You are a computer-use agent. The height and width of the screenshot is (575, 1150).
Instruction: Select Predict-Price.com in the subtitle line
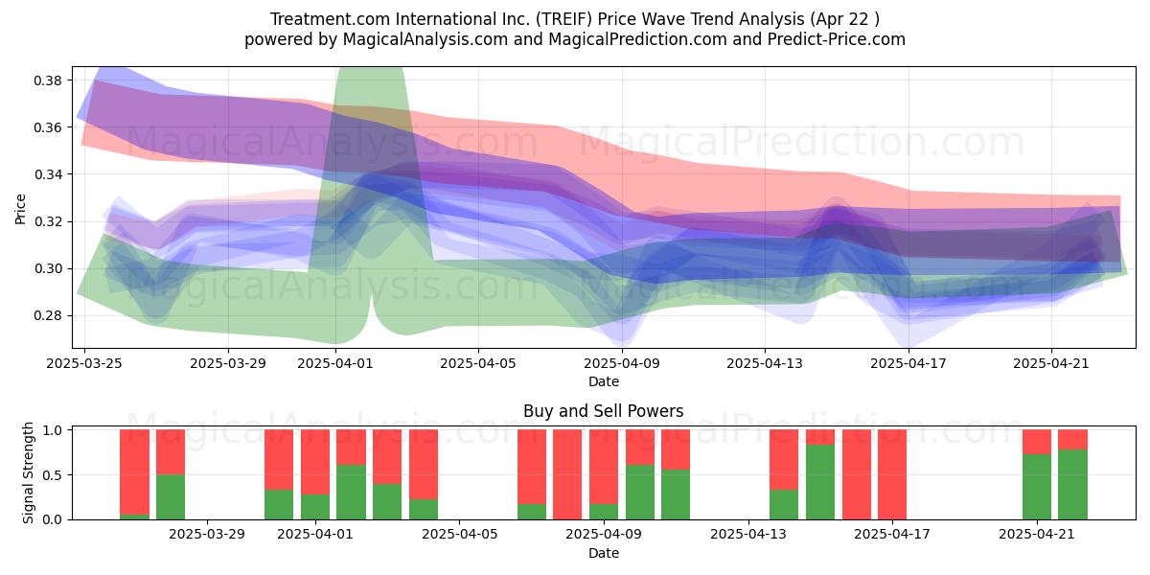point(837,39)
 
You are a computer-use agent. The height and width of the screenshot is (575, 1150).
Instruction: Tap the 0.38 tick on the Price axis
point(48,80)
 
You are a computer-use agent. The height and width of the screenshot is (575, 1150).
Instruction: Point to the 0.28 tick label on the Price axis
point(48,315)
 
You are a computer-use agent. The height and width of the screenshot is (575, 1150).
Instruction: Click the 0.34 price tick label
point(48,174)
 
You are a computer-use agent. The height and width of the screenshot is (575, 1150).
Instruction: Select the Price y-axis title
point(20,210)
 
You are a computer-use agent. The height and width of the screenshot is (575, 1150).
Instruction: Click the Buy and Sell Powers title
point(603,411)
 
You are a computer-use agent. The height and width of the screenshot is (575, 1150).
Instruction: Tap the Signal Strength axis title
point(28,472)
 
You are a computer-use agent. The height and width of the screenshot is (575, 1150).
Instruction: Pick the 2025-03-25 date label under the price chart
point(84,363)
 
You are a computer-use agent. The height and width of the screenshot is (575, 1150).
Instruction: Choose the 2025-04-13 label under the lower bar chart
point(748,535)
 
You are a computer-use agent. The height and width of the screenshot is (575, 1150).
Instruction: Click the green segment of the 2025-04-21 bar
point(1037,487)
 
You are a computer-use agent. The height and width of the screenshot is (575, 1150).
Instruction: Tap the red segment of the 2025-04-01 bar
point(315,462)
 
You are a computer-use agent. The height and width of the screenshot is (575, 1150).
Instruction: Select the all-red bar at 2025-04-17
point(892,474)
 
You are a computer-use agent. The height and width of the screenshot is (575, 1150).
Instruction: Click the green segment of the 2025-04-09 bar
point(604,512)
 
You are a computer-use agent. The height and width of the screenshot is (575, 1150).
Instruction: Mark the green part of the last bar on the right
point(1072,485)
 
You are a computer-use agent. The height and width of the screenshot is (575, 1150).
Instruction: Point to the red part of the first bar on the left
point(134,472)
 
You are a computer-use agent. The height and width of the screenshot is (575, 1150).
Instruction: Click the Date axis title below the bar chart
point(603,553)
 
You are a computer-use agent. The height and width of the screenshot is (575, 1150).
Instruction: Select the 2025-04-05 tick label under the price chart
point(478,363)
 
